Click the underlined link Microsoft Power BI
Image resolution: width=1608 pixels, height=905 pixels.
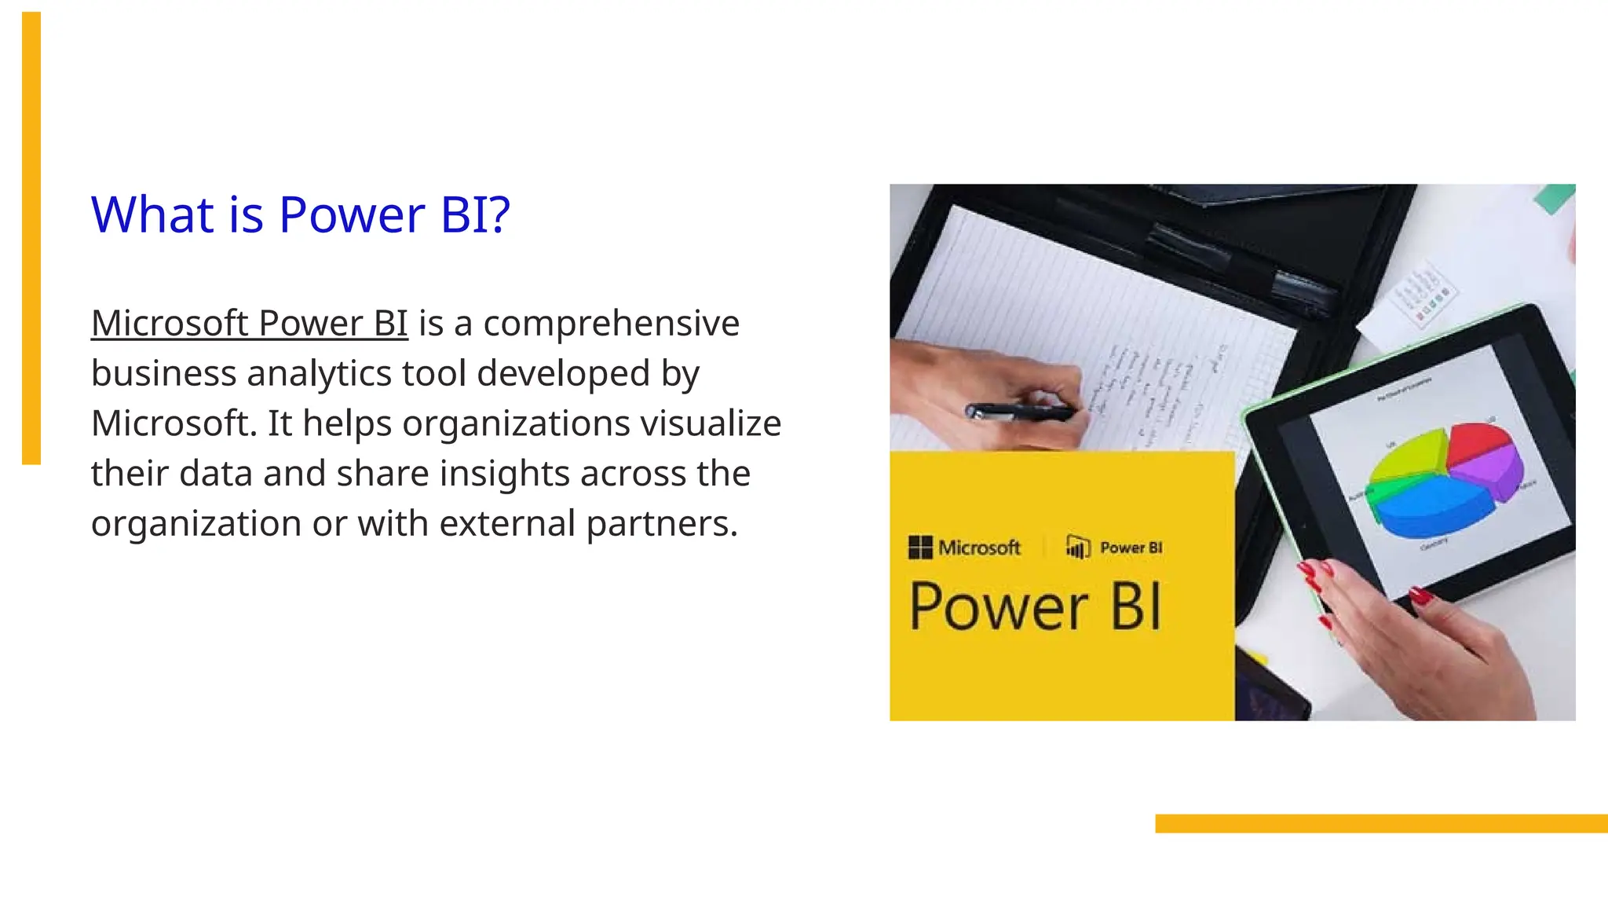[249, 323]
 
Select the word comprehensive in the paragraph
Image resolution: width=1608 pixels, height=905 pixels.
[611, 323]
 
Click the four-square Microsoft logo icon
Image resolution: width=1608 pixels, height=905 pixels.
[919, 547]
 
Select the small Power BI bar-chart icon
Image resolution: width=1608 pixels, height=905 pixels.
[1078, 547]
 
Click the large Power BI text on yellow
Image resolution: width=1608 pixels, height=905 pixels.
[1035, 606]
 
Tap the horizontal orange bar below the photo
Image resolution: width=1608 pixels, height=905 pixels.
[1380, 823]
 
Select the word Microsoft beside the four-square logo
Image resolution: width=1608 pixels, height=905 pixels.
[979, 548]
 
